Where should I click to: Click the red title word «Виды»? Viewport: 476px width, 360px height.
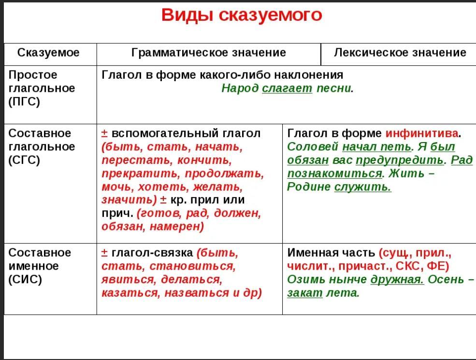187,15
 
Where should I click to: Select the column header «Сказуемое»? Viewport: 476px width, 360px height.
49,53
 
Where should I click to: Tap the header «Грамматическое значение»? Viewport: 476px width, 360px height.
209,53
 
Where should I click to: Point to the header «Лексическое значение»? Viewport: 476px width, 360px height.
400,53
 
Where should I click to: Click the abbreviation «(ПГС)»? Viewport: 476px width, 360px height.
24,101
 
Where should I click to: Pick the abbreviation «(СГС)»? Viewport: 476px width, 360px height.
24,160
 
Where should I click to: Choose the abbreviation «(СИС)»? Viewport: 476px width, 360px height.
25,279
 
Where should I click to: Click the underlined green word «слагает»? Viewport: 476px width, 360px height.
287,88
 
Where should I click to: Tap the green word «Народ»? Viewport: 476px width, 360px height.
240,88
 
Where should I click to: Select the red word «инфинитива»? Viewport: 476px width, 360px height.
422,133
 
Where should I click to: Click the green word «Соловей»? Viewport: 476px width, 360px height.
313,146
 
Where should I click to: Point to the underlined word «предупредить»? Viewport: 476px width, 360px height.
400,160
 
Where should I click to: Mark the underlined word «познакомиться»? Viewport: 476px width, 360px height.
334,173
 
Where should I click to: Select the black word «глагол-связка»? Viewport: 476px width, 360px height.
152,253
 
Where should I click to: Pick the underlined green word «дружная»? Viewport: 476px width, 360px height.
397,279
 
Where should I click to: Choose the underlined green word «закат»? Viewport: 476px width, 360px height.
305,293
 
